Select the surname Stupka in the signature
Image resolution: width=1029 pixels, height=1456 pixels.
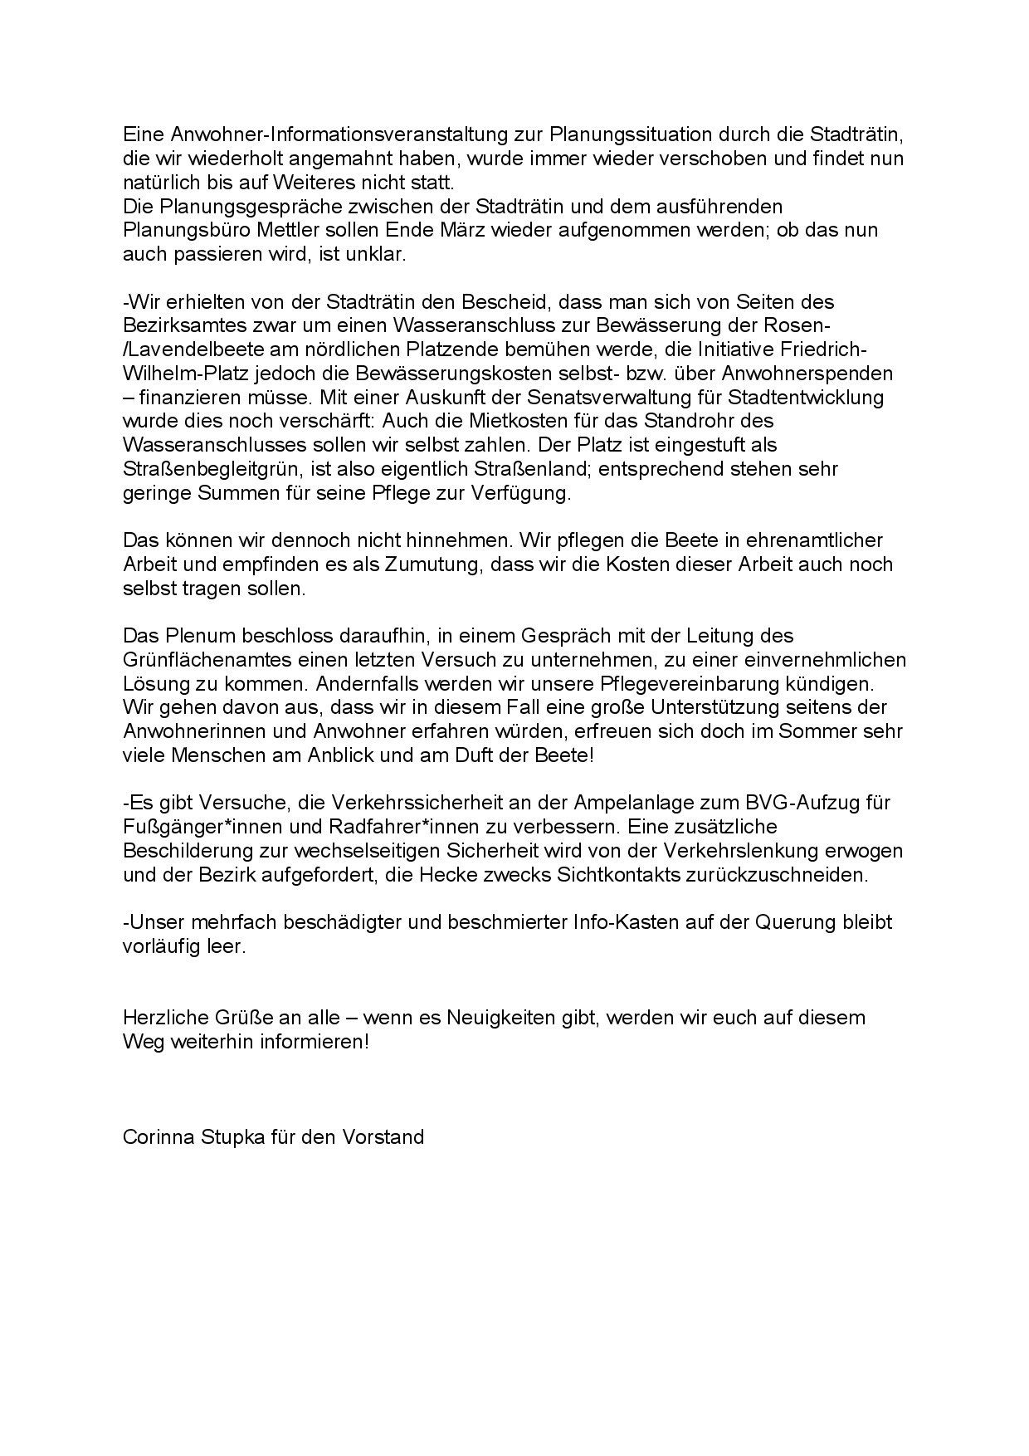coord(232,1137)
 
